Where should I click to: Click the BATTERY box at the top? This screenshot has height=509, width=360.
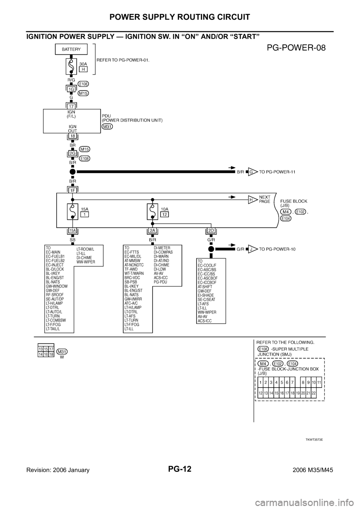pos(71,49)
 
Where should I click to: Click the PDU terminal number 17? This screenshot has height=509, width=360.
pos(71,106)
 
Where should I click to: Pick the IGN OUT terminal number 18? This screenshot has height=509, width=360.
pos(73,136)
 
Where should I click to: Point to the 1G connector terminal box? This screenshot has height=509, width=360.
pos(70,90)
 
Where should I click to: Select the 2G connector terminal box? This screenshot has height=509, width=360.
pos(72,153)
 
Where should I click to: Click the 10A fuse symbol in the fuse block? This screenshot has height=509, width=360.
pos(152,212)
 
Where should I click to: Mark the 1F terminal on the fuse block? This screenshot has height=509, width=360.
pos(72,190)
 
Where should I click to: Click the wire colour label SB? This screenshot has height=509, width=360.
pos(72,239)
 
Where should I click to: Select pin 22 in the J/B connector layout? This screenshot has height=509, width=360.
pos(313,393)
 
